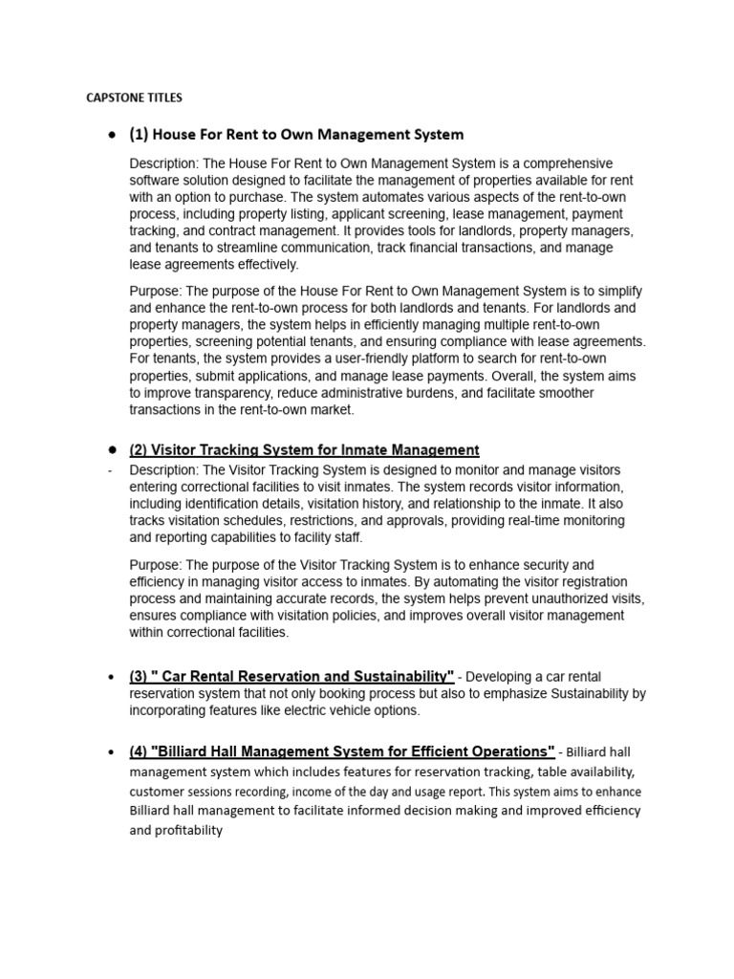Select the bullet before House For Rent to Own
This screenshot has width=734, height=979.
coord(112,135)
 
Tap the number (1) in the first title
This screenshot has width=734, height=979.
coord(140,135)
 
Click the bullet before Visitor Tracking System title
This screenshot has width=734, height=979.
coord(112,449)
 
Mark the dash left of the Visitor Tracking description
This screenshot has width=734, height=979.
coord(111,470)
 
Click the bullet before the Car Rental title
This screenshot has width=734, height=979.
coord(112,677)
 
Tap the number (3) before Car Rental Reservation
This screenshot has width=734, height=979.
coord(140,677)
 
